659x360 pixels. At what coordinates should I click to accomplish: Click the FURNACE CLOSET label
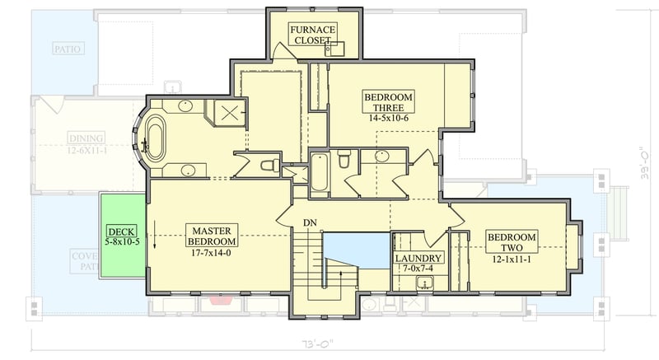point(311,35)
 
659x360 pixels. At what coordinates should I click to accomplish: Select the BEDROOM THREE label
point(388,103)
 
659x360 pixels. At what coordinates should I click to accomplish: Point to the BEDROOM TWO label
point(512,243)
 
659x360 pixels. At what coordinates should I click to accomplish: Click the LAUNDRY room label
point(419,258)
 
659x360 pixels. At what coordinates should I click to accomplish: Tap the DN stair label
point(310,223)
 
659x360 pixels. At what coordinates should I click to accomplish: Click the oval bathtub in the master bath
point(155,137)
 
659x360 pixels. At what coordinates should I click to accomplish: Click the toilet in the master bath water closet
point(269,166)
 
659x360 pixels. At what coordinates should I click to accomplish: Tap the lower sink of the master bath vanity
point(188,171)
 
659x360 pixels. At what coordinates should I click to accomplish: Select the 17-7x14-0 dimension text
point(212,254)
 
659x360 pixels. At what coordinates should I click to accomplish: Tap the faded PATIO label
point(68,49)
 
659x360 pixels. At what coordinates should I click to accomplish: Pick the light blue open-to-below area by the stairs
point(355,250)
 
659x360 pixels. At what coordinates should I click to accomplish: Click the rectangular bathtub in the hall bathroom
point(320,171)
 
